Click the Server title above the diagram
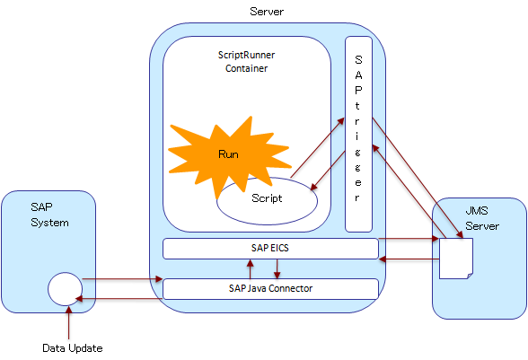[x=267, y=12]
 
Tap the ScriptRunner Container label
[x=246, y=62]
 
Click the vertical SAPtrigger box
[x=358, y=134]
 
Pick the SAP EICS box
[x=270, y=249]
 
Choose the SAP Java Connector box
[x=270, y=288]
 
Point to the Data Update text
[x=73, y=348]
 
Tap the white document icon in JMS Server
[x=456, y=259]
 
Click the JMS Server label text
[x=482, y=218]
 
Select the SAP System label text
[x=49, y=215]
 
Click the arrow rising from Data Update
[x=68, y=322]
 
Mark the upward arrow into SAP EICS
[x=250, y=268]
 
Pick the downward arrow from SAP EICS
[x=277, y=268]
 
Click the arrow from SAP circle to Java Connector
[x=122, y=279]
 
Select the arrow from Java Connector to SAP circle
[x=119, y=299]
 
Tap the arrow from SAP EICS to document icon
[x=409, y=239]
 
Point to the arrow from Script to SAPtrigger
[x=318, y=147]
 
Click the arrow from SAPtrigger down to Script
[x=328, y=171]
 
